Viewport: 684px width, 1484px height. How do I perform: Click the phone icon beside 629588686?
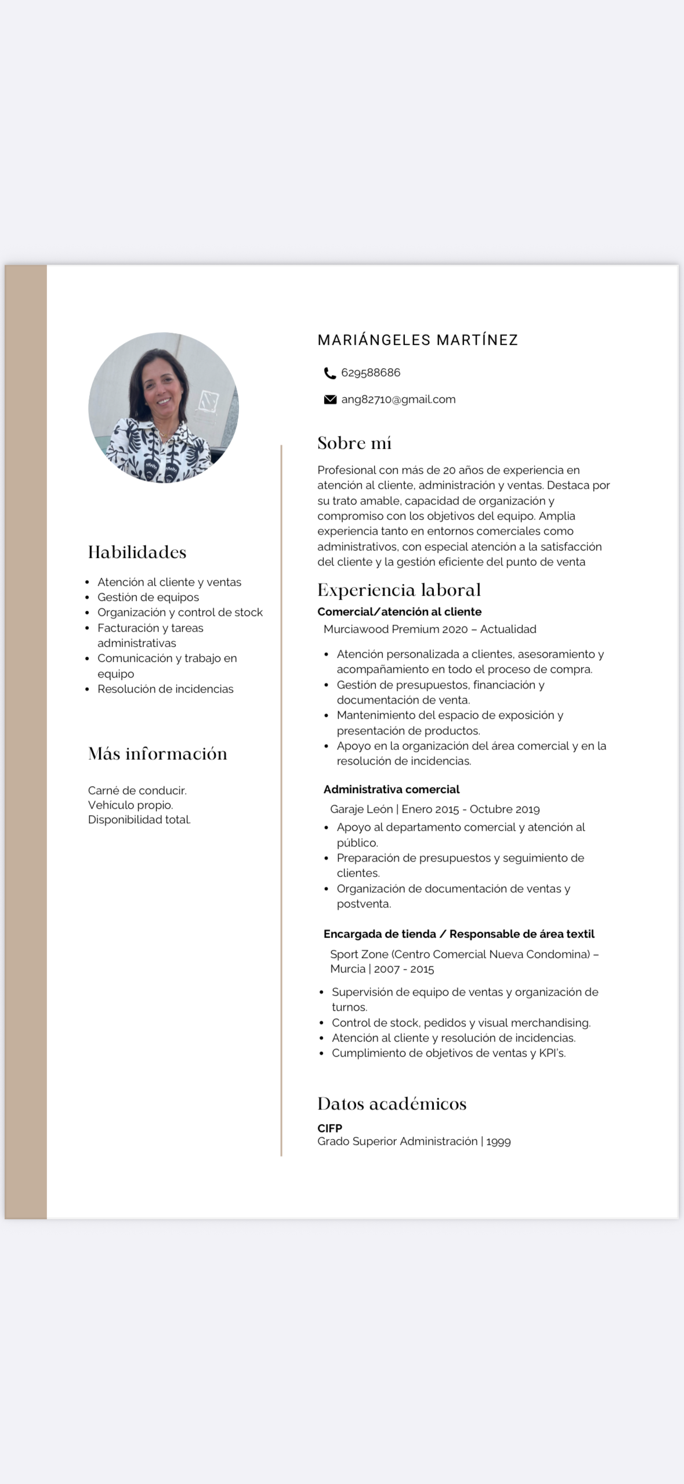330,373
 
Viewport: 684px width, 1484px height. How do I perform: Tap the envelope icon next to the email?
330,399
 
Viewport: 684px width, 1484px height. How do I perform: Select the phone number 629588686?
371,373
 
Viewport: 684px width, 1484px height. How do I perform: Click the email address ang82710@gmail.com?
398,399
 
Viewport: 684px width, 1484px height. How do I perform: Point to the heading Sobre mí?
354,444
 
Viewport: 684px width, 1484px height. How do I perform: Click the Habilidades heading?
137,552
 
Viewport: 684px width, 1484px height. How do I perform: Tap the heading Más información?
157,754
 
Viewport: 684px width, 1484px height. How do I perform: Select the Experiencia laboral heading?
399,590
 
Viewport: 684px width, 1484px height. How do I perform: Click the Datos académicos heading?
392,1104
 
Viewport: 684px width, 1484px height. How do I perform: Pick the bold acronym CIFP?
330,1128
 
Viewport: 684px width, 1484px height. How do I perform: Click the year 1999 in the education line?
498,1142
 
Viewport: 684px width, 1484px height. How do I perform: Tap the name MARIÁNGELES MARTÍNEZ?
417,340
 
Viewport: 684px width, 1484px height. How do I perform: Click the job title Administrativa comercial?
391,790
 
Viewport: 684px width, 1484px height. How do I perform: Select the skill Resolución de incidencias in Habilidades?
165,689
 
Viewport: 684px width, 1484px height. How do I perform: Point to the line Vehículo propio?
131,805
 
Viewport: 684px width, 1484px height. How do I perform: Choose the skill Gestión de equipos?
148,597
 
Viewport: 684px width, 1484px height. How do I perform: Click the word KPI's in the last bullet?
552,1053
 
